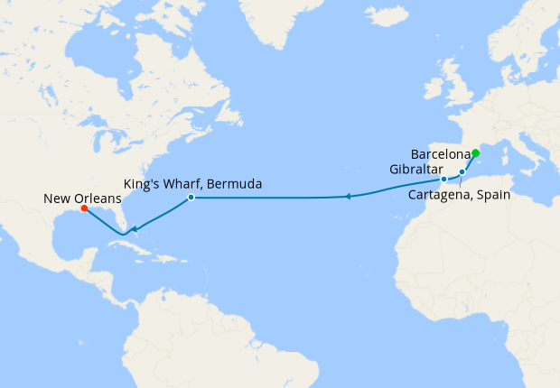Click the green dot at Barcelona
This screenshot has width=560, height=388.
coord(475,152)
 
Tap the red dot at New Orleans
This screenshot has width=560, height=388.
coord(84,208)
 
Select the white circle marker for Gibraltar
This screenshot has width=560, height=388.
coord(444,180)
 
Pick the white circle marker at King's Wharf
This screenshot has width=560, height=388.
coord(191,197)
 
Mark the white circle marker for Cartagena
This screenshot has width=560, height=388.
coord(462,171)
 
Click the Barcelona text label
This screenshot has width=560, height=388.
coord(441,153)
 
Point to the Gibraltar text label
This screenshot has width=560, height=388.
coord(415,170)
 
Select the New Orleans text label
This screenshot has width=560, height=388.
coord(81,198)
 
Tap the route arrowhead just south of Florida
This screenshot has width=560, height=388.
coord(134,230)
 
